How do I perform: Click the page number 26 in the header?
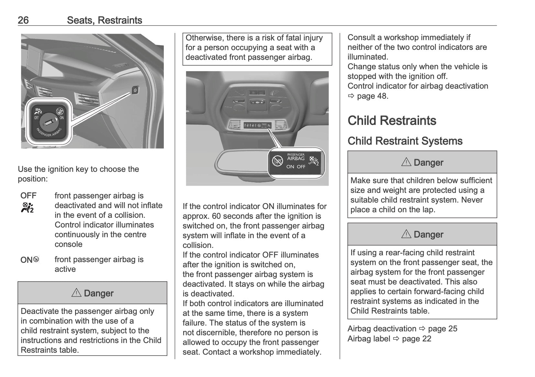pyautogui.click(x=23, y=20)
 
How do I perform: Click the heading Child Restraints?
pyautogui.click(x=392, y=121)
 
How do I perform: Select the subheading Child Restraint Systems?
pyautogui.click(x=405, y=141)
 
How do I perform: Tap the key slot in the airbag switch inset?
pyautogui.click(x=49, y=122)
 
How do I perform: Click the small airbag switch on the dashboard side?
pyautogui.click(x=135, y=90)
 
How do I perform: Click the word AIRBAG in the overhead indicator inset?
pyautogui.click(x=296, y=159)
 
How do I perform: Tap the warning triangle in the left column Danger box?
pyautogui.click(x=76, y=293)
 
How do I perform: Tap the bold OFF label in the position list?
pyautogui.click(x=28, y=196)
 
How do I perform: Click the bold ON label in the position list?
pyautogui.click(x=26, y=260)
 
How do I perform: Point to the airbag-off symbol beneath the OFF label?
pyautogui.click(x=27, y=208)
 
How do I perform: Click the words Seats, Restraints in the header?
pyautogui.click(x=104, y=20)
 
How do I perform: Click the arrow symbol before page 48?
pyautogui.click(x=351, y=96)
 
